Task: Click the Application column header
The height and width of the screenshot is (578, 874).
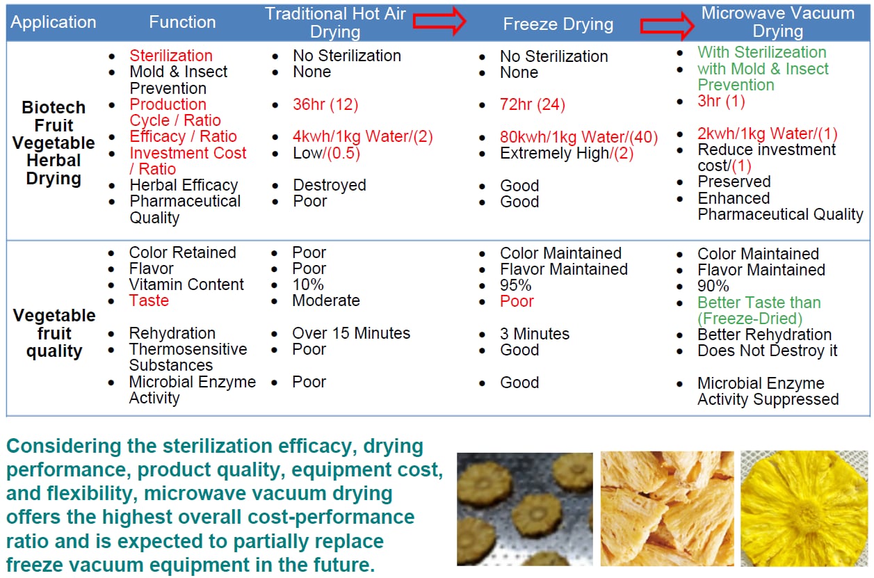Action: point(54,22)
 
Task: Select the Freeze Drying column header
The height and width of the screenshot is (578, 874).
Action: point(558,24)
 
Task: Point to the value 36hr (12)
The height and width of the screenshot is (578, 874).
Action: point(325,104)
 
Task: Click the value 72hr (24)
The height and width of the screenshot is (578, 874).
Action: point(533,104)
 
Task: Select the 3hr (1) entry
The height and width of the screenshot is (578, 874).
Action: point(722,102)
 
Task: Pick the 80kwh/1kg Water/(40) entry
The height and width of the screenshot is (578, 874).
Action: point(579,137)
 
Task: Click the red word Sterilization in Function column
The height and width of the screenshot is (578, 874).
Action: point(171,56)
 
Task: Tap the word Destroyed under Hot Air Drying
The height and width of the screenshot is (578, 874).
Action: point(330,186)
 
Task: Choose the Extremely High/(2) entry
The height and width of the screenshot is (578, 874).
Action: point(567,154)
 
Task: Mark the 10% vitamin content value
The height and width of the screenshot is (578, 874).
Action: point(308,285)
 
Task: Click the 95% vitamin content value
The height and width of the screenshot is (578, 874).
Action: point(515,286)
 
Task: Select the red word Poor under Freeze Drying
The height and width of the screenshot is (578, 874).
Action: point(517,301)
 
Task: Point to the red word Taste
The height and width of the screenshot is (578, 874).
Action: point(149,300)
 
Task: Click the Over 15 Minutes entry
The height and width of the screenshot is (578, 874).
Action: point(351,333)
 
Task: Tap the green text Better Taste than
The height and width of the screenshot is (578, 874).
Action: point(759,303)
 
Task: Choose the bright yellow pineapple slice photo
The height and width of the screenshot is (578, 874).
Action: point(804,508)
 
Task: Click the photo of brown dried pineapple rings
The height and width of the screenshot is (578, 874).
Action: point(525,509)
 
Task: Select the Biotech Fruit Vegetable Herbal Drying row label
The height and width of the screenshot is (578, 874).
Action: point(54,143)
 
